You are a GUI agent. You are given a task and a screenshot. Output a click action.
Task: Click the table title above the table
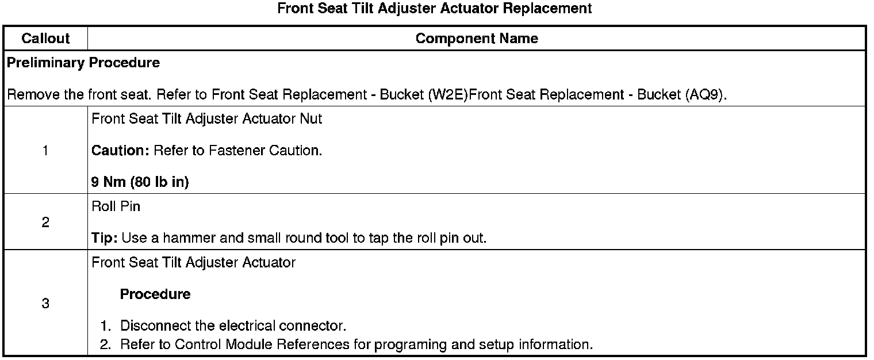(434, 9)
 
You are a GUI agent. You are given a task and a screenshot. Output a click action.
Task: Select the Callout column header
(45, 39)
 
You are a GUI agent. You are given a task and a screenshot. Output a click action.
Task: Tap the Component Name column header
(477, 39)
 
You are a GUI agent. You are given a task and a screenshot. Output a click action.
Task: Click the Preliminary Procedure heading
(83, 63)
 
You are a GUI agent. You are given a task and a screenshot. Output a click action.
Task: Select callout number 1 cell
(45, 151)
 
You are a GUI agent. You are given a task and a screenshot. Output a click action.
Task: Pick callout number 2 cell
(45, 223)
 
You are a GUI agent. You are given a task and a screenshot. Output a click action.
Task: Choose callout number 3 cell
(45, 304)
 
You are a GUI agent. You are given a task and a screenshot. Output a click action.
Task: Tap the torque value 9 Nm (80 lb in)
(140, 182)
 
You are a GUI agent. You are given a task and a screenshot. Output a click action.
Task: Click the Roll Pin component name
(116, 206)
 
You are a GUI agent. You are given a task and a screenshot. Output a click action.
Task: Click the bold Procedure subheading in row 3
(155, 294)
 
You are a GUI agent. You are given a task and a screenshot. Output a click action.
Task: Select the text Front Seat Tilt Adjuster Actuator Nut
(207, 119)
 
